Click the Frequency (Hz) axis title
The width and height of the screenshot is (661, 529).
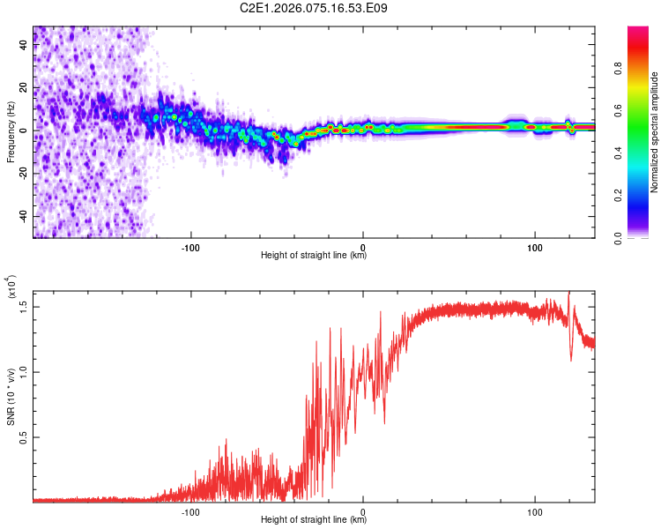click(11, 132)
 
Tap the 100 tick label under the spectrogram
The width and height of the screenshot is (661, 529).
click(534, 246)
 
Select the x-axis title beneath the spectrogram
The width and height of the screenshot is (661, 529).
click(314, 256)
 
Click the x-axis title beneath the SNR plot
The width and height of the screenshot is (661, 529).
click(314, 520)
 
